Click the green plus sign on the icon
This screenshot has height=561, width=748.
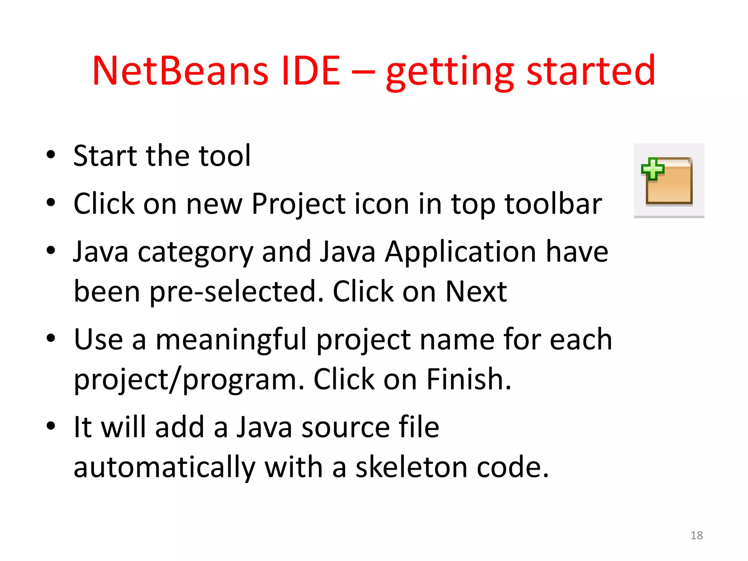click(653, 169)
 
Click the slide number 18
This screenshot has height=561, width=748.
click(697, 535)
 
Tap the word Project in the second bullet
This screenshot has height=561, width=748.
click(298, 204)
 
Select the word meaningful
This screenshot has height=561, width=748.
click(232, 339)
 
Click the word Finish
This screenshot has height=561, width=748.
click(469, 379)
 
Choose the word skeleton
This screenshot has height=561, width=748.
click(412, 467)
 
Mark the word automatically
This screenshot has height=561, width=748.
click(164, 467)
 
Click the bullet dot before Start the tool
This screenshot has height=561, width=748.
click(51, 155)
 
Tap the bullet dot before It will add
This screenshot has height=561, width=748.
click(51, 426)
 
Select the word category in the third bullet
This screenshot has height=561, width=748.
click(195, 252)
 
